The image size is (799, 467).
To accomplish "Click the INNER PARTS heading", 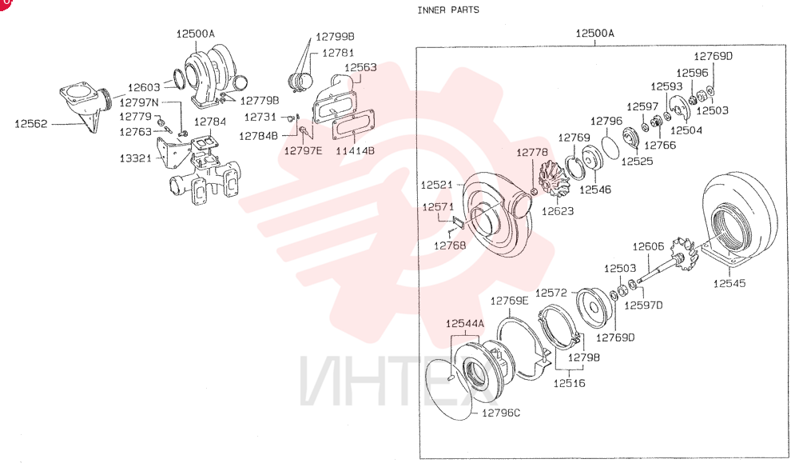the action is coord(448,10).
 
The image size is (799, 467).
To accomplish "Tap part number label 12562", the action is coord(30,124).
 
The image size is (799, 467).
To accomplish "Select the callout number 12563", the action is coord(360,67).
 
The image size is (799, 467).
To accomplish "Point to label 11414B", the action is coord(355,151).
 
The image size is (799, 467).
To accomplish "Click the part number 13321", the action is coord(136,158).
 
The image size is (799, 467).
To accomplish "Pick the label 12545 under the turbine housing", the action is coord(729,283).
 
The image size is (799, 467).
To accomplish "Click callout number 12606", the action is coord(648,247).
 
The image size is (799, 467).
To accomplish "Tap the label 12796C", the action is coord(501,413).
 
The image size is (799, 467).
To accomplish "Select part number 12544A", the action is coord(465,324).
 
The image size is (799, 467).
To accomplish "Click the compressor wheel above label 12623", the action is coord(552,178).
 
